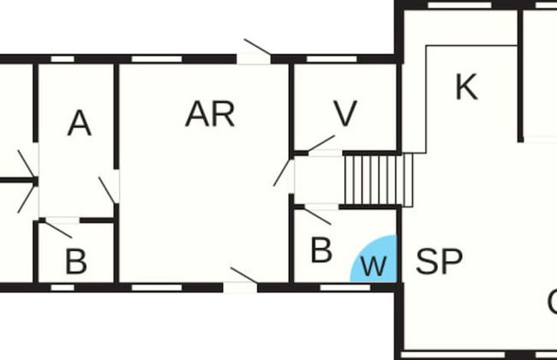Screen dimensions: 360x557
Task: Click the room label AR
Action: pos(210,114)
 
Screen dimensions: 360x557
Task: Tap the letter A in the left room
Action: pos(79,124)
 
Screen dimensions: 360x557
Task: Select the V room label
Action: pos(344,115)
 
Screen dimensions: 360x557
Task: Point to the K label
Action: pos(466,87)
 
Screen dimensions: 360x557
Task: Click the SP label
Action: pos(439,261)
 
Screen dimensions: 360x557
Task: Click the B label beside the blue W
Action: pos(320,251)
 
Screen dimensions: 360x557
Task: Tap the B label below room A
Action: pos(75,262)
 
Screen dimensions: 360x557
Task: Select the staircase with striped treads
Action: pos(372,178)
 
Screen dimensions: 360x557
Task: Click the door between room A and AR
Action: pos(109,189)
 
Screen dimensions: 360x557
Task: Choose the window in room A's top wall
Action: pos(62,58)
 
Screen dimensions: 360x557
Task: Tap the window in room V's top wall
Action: pos(331,58)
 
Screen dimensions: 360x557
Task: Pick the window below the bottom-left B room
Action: pos(62,287)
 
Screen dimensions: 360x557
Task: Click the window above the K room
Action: pos(453,4)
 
